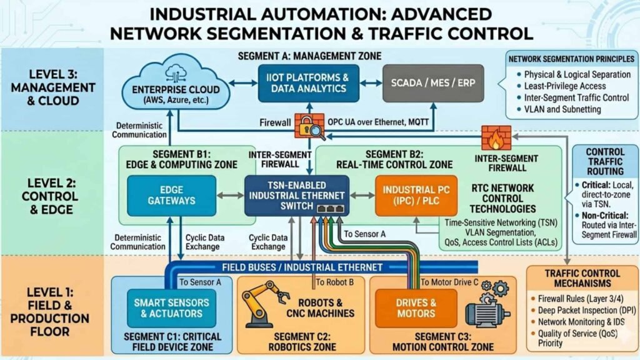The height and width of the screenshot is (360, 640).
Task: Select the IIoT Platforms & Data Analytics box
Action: tap(309, 83)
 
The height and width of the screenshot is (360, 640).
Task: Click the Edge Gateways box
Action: tap(171, 196)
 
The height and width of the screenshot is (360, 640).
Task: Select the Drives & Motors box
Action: tap(416, 308)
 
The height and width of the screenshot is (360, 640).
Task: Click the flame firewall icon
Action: tap(496, 137)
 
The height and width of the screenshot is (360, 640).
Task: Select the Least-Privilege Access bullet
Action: tap(565, 86)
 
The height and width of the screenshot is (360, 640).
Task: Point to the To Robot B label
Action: tap(335, 282)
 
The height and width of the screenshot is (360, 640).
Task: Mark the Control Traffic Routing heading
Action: tap(605, 161)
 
